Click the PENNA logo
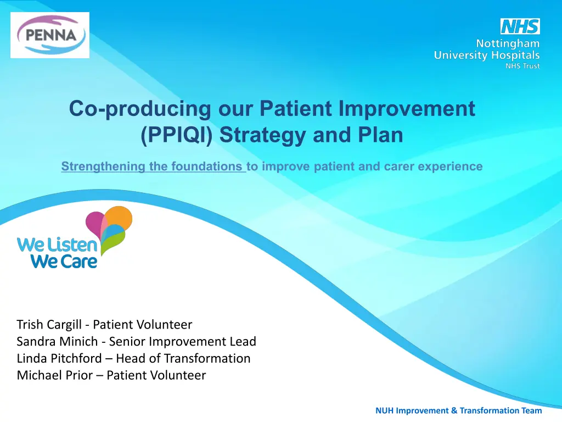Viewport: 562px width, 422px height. [50, 35]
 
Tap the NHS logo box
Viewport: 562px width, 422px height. [520, 26]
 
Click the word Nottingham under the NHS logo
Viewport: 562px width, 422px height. [508, 44]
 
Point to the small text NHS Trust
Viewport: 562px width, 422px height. [522, 66]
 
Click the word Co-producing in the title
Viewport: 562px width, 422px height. [140, 109]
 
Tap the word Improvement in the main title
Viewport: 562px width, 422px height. [407, 109]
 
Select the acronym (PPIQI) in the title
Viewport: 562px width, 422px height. [177, 135]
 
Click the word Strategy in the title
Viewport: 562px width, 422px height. [263, 136]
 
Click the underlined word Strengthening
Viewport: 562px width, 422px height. [103, 166]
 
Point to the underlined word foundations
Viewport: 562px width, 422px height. [206, 166]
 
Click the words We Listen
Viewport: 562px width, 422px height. [57, 245]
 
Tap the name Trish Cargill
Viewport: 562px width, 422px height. [49, 325]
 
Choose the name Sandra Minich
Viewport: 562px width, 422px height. [57, 342]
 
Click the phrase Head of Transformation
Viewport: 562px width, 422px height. [183, 358]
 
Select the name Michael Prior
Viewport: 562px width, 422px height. [54, 375]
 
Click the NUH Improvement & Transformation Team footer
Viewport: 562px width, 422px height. [458, 410]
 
